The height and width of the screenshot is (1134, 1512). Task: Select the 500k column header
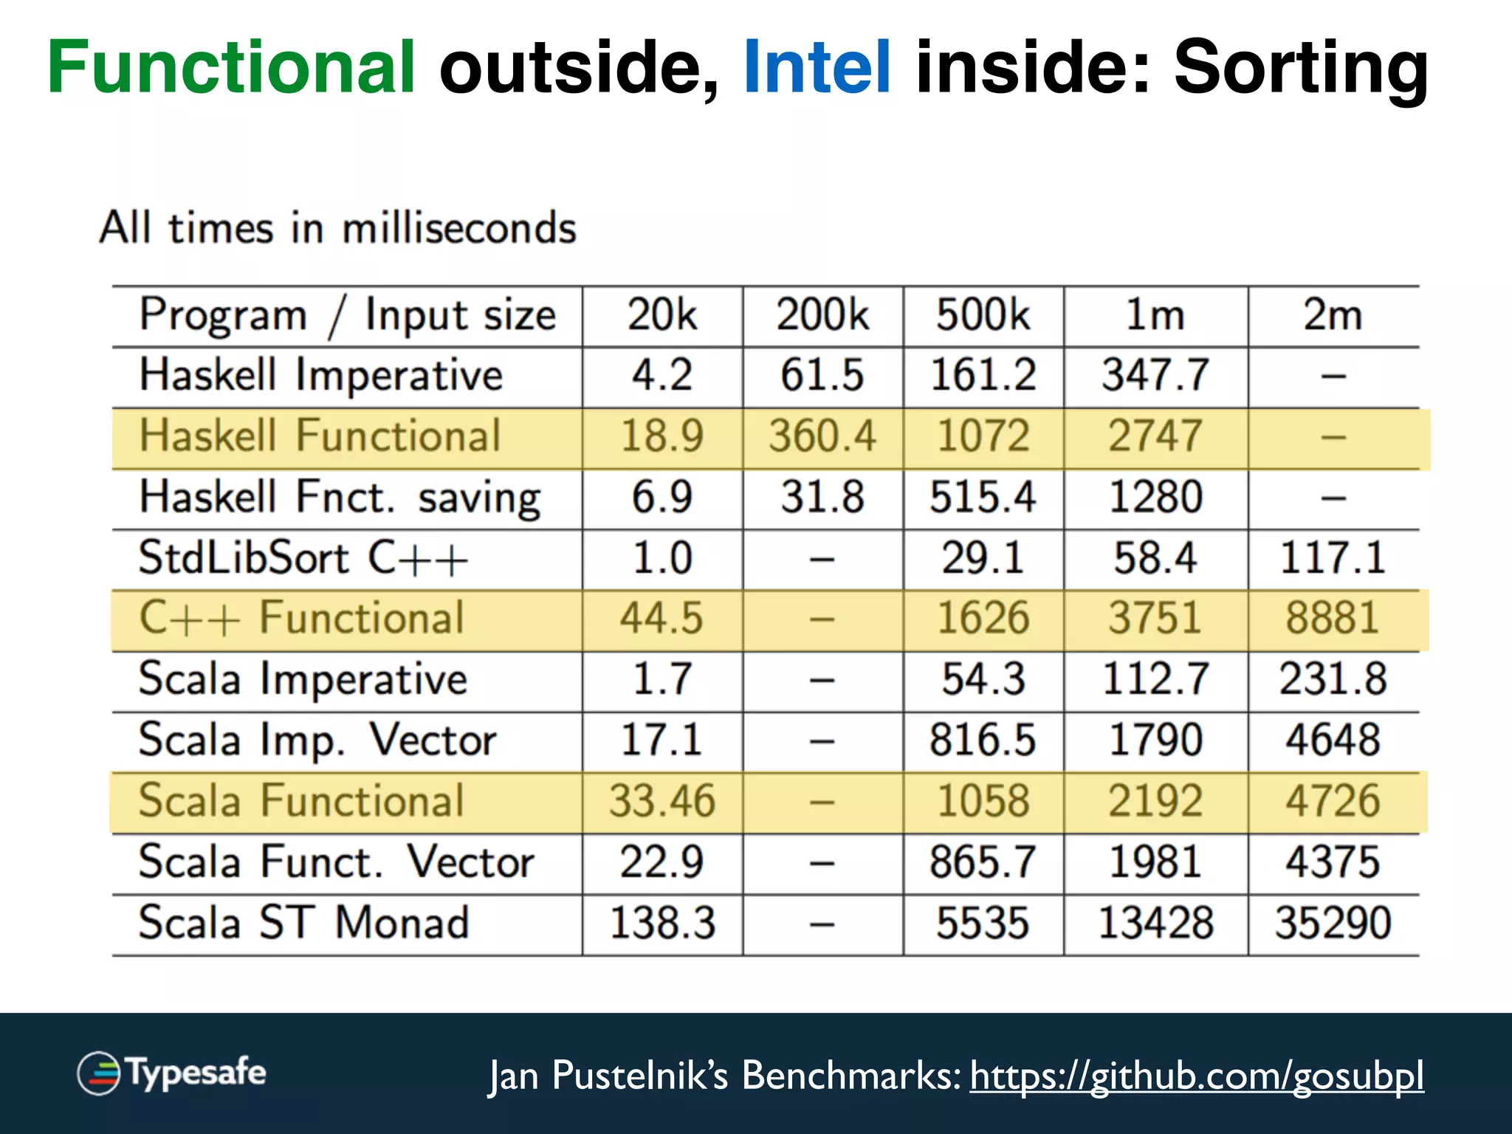point(983,315)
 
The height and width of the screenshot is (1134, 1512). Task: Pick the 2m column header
point(1333,315)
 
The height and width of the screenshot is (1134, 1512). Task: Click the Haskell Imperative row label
point(321,375)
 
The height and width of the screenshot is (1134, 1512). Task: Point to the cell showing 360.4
point(822,436)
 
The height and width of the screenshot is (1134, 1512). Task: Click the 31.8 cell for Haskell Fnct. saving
point(822,497)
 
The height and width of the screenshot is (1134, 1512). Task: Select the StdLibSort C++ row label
point(303,558)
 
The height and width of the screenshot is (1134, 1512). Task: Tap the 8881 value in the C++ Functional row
point(1333,619)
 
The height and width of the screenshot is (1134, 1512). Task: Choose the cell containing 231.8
point(1333,679)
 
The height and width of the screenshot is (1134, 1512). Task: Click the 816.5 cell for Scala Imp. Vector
point(983,740)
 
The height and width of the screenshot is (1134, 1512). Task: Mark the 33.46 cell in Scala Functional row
point(662,801)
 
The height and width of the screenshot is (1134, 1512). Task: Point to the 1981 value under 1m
point(1155,862)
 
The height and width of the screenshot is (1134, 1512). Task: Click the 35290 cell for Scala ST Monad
point(1333,923)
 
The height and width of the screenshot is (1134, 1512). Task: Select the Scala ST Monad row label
point(303,923)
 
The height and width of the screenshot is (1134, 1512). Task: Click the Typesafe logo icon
point(99,1073)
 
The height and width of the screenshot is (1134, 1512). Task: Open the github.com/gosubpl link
point(1196,1076)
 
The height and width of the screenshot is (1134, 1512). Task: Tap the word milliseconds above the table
point(458,228)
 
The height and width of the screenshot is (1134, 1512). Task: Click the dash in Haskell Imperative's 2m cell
point(1333,377)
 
